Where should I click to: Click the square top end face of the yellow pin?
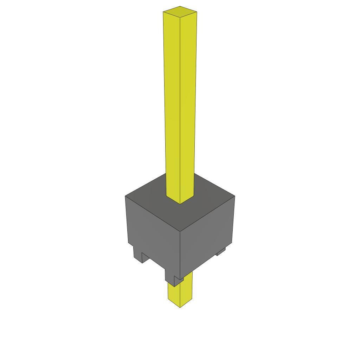tap(180, 12)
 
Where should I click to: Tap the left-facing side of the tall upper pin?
tap(172, 105)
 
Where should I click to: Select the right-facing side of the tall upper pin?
tap(188, 105)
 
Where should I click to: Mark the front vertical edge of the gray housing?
tap(180, 253)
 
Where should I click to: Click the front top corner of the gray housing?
tap(180, 231)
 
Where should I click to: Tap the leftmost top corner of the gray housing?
tap(126, 196)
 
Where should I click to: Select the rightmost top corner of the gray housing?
tap(234, 196)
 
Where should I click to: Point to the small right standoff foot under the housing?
tap(221, 252)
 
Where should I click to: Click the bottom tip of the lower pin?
tap(180, 307)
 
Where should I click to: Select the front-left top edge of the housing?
tap(153, 213)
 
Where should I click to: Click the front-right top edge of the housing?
tap(207, 213)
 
